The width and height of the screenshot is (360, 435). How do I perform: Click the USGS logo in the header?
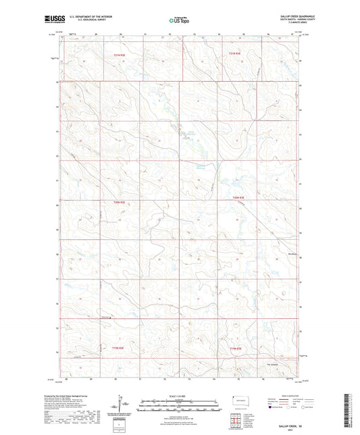51,21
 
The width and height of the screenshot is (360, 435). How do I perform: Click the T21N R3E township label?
234,54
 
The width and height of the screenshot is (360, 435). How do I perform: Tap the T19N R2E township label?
119,346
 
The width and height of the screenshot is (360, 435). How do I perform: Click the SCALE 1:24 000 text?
179,396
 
